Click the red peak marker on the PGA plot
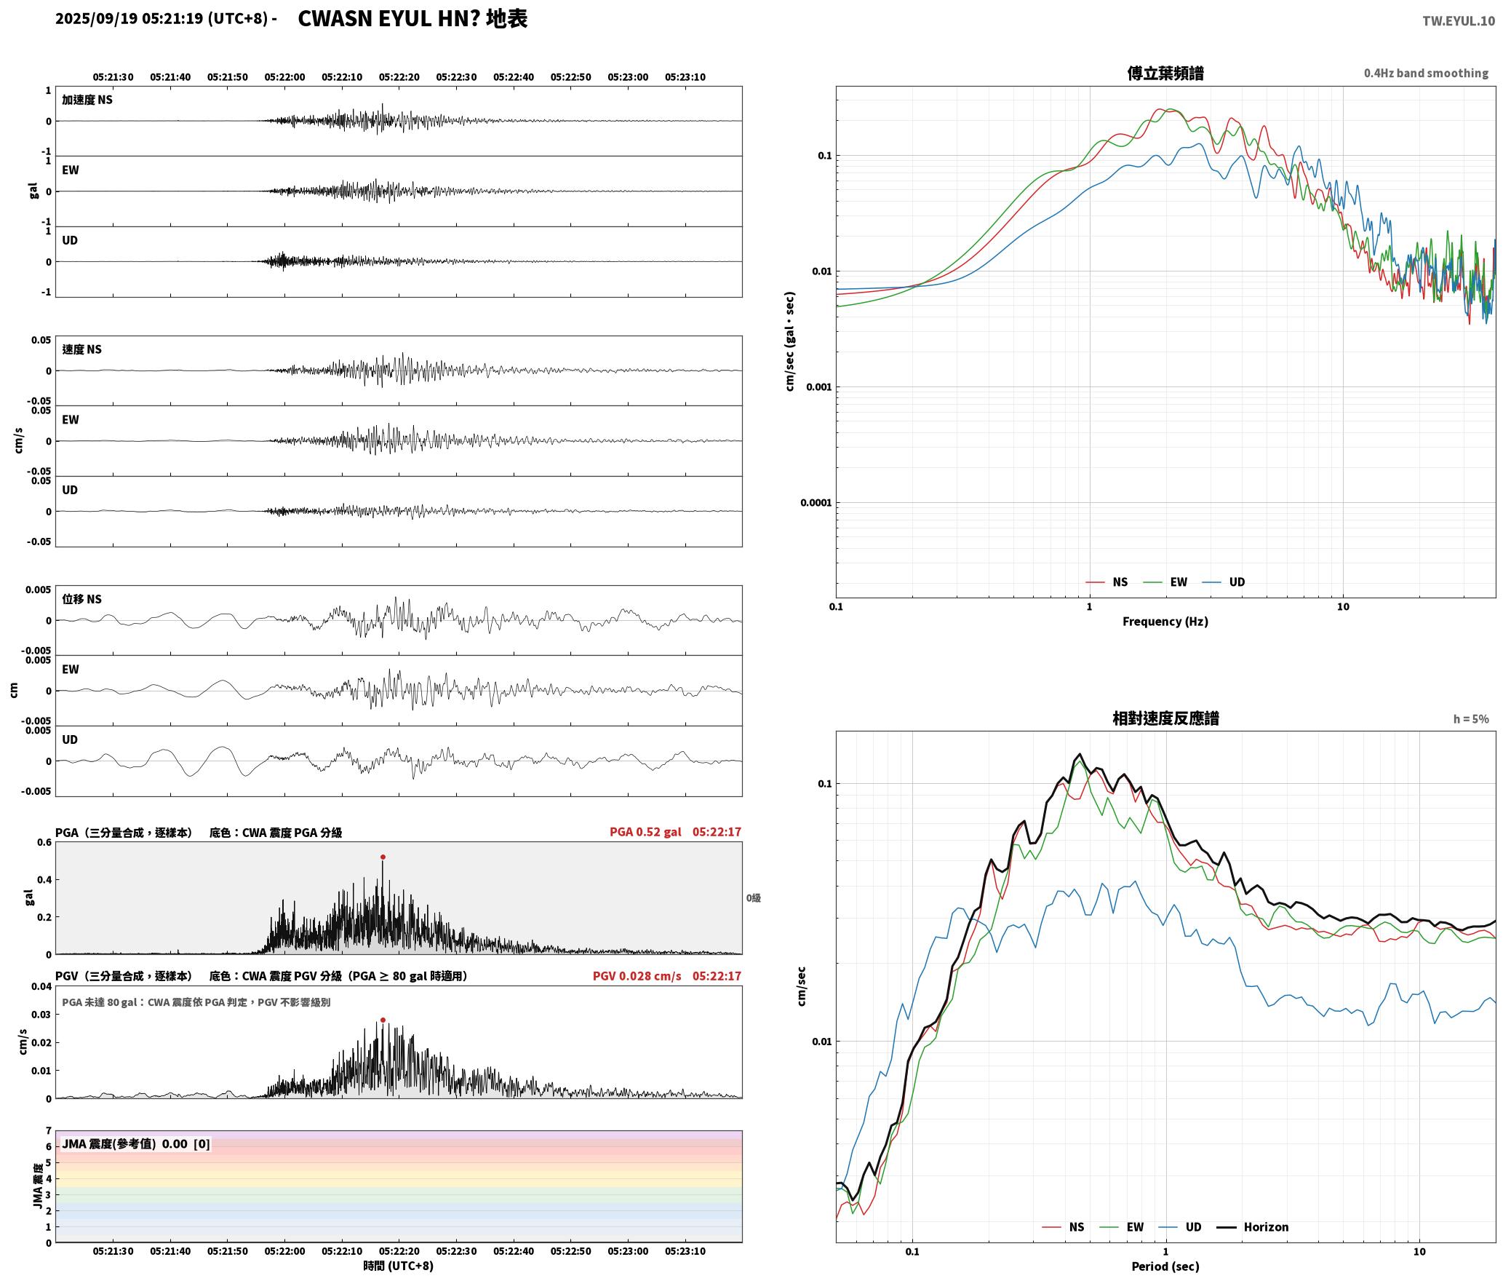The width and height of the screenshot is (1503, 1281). point(383,857)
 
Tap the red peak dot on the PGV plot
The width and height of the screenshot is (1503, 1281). point(383,1020)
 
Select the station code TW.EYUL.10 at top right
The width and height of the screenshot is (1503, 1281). point(1459,20)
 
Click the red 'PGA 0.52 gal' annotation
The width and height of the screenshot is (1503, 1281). point(645,832)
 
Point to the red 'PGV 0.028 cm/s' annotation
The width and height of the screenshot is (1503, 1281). point(637,976)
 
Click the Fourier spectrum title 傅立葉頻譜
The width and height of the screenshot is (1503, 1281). point(1165,73)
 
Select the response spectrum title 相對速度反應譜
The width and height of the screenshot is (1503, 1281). point(1165,718)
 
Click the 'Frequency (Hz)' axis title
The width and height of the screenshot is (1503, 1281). point(1165,622)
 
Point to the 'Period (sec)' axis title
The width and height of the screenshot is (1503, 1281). point(1165,1266)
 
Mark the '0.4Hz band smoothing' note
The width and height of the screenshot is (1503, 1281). point(1426,74)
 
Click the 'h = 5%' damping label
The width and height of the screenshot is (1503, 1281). point(1471,719)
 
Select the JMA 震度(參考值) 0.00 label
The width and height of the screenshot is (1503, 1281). point(136,1144)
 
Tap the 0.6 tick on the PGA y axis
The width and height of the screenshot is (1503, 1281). point(44,843)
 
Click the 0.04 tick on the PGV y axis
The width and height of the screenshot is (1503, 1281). point(41,987)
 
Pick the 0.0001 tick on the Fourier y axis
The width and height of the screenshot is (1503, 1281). point(816,503)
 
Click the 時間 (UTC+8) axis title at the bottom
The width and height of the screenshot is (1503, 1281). point(399,1266)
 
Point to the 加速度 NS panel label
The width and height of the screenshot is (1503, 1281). point(87,100)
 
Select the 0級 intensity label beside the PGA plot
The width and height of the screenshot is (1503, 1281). point(753,898)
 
